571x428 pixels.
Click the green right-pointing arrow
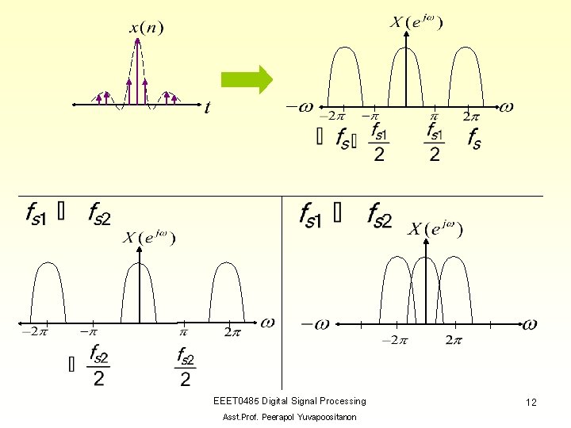(x=247, y=79)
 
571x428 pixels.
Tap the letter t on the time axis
(x=207, y=108)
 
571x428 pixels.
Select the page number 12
(x=531, y=403)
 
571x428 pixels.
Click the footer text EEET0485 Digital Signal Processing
(x=289, y=401)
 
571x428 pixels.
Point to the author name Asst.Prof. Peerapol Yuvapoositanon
(x=289, y=417)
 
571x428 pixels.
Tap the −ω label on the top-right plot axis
(x=299, y=107)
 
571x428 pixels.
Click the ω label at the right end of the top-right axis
(x=505, y=106)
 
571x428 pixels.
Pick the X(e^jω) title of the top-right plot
(x=416, y=23)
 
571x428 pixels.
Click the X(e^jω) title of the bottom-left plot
(x=149, y=238)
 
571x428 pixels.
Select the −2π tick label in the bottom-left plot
(x=35, y=332)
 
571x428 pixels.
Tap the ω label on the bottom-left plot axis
(x=267, y=322)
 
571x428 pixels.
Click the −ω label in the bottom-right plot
(x=315, y=323)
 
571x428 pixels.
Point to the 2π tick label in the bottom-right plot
(x=453, y=341)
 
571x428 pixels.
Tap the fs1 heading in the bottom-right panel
(x=310, y=214)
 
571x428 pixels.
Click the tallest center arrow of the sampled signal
(x=137, y=71)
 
